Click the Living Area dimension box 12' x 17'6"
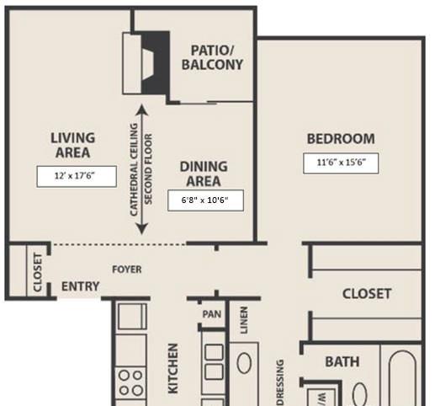click(77, 176)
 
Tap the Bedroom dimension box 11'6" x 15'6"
click(341, 163)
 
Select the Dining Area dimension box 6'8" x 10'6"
click(205, 200)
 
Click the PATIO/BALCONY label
click(212, 57)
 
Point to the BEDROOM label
click(341, 139)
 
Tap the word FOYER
click(127, 270)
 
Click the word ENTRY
click(80, 286)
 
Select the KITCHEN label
click(172, 369)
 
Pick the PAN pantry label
click(211, 314)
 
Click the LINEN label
click(244, 320)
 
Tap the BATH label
click(342, 362)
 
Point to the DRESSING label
click(280, 382)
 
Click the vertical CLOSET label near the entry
click(37, 272)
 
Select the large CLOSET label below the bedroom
click(367, 294)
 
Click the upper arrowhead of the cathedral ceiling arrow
click(141, 110)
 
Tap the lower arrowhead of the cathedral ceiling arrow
click(141, 229)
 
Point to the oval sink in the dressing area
click(244, 363)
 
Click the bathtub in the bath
click(402, 378)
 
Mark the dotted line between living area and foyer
click(119, 244)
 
